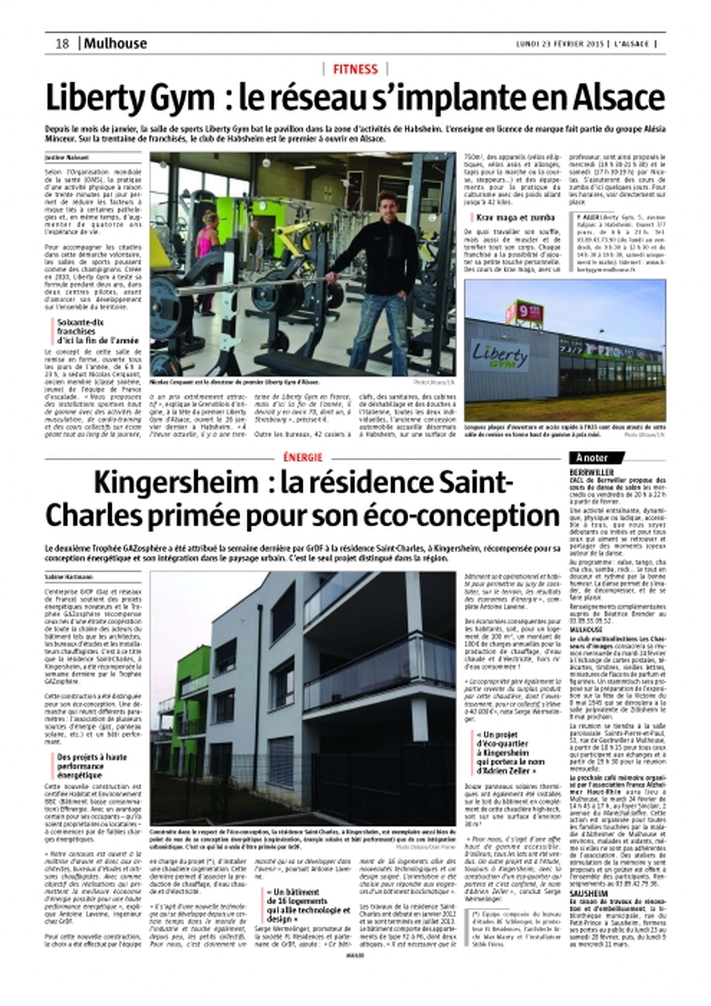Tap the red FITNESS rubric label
coord(355,69)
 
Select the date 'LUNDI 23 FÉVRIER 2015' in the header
coord(559,44)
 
